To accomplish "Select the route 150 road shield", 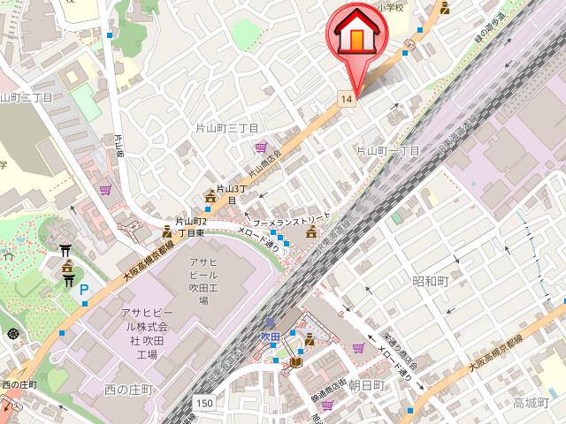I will [x=205, y=402].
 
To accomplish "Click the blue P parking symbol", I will [x=85, y=290].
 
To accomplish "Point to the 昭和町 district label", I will [x=431, y=282].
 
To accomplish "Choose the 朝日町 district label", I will [x=366, y=386].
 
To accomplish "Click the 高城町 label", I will [x=532, y=403].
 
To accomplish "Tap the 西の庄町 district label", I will [x=129, y=390].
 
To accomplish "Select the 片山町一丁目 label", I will [x=387, y=151].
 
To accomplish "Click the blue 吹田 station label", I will [x=270, y=337].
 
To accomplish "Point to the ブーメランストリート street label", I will [x=292, y=216].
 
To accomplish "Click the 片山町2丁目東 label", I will [x=190, y=226].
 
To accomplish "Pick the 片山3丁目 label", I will [x=230, y=194].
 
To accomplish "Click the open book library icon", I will [x=294, y=363].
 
